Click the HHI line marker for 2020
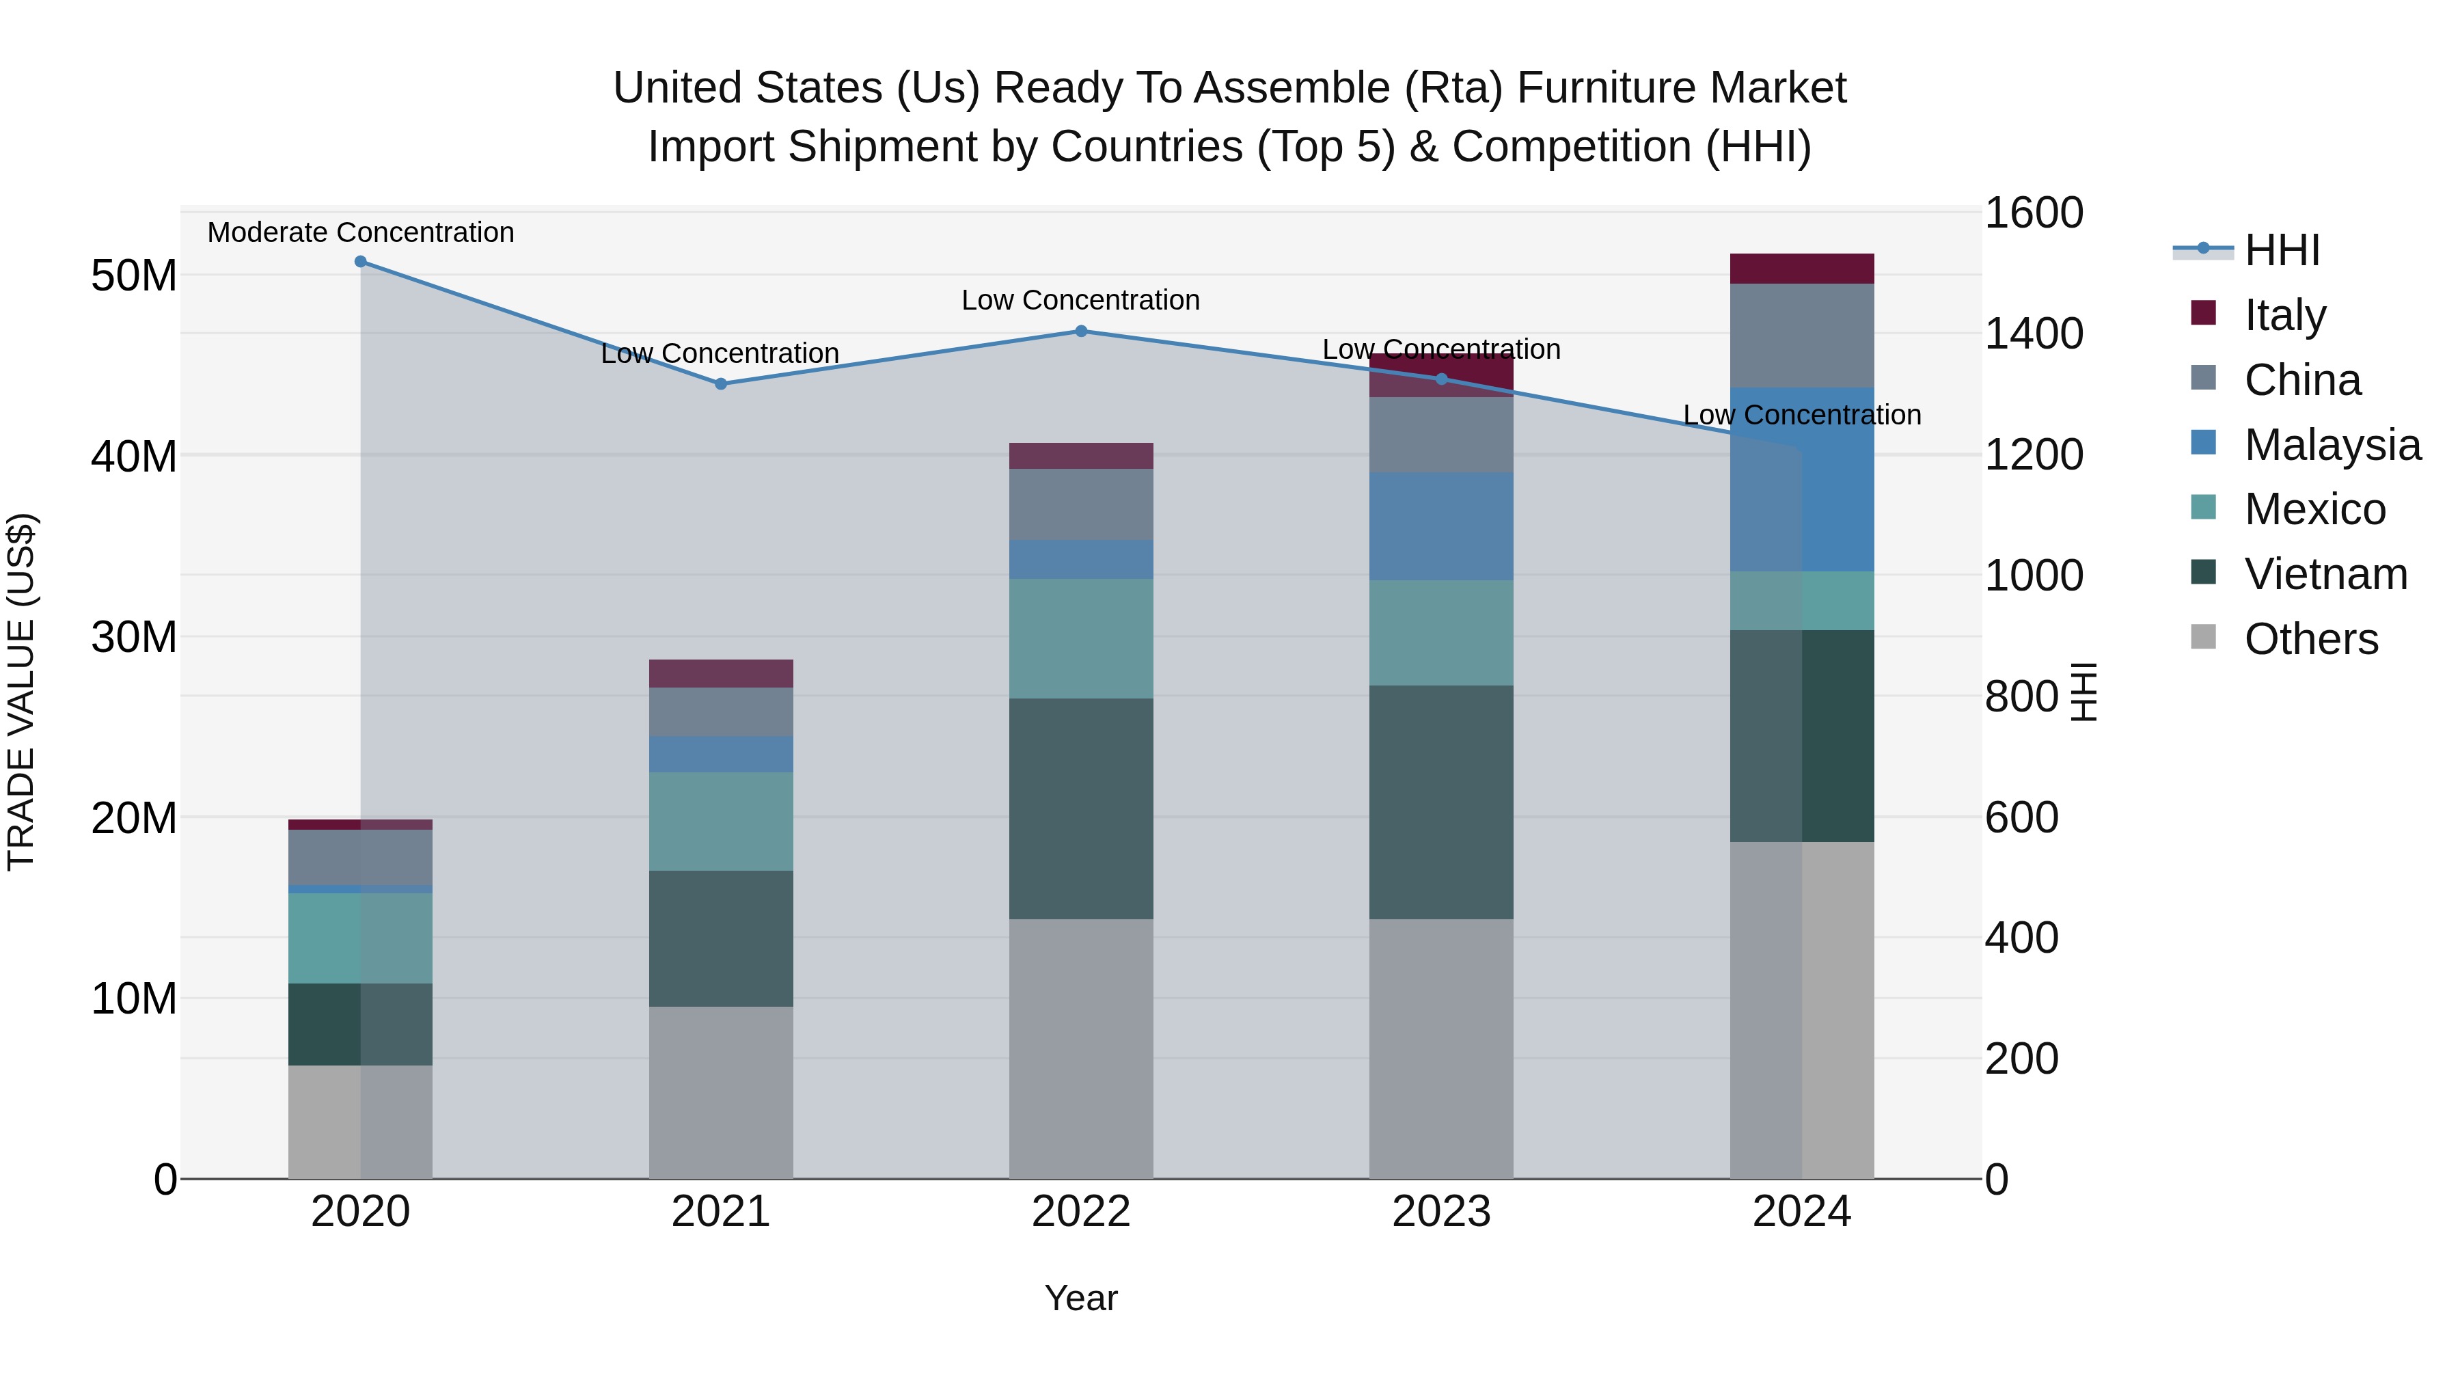(360, 262)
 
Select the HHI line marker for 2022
(1081, 331)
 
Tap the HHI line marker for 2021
(721, 384)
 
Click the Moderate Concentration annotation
(360, 232)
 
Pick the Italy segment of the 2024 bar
(1801, 269)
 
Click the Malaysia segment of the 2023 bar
(1441, 526)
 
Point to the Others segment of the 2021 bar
(721, 1091)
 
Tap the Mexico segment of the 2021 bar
(721, 822)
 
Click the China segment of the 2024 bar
(1801, 336)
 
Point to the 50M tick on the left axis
(134, 276)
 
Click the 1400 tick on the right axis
(2033, 334)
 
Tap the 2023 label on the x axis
(1441, 1211)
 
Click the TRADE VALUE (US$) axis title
(21, 692)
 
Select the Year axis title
(1080, 1298)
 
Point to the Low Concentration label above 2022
(1080, 300)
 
